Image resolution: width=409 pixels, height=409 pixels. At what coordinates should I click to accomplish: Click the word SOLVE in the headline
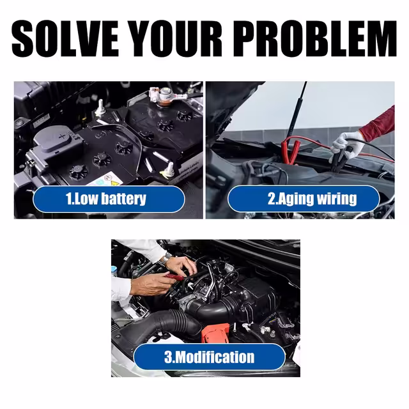pyautogui.click(x=65, y=38)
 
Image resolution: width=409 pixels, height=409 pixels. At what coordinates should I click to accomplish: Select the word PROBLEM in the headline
pyautogui.click(x=315, y=38)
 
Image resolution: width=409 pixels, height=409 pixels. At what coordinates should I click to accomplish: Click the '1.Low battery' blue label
pyautogui.click(x=109, y=199)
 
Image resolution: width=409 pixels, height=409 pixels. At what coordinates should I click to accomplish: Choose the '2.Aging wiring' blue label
pyautogui.click(x=304, y=199)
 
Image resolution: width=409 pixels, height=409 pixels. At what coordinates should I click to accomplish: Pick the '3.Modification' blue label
pyautogui.click(x=210, y=357)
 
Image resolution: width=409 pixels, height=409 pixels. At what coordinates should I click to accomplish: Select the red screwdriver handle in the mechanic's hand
pyautogui.click(x=173, y=277)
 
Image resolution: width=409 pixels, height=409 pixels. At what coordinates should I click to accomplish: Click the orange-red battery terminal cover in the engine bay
pyautogui.click(x=215, y=332)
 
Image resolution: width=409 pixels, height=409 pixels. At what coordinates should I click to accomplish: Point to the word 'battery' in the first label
pyautogui.click(x=123, y=199)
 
